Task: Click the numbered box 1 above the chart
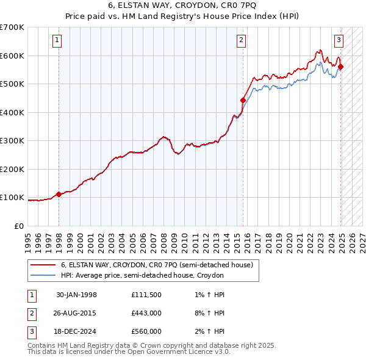57,41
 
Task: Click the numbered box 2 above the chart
242,41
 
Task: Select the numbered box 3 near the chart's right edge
339,41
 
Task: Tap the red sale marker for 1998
59,195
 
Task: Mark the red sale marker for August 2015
243,100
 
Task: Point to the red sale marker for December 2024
340,67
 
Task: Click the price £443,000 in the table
146,313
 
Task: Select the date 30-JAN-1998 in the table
76,295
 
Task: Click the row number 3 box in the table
30,331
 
